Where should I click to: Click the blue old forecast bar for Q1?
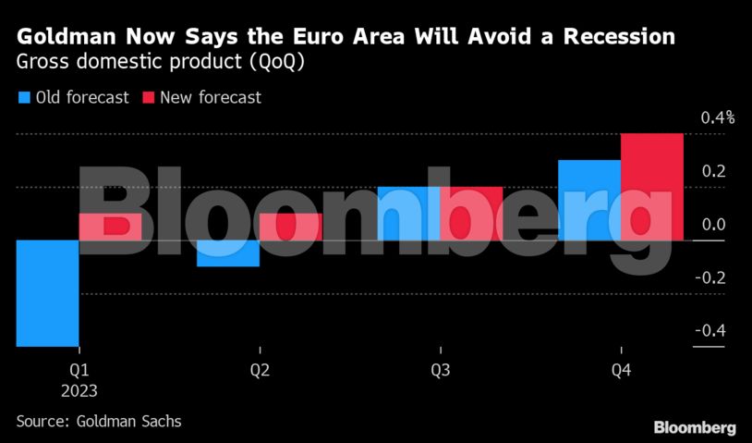click(x=48, y=293)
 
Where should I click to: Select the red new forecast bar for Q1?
click(x=111, y=228)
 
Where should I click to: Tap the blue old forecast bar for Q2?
click(x=228, y=253)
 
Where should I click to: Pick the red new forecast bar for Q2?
click(x=291, y=228)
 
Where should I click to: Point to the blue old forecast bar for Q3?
click(x=408, y=214)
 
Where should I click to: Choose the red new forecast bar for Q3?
click(x=471, y=214)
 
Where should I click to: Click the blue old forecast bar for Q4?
click(x=589, y=201)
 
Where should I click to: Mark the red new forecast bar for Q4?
click(x=652, y=187)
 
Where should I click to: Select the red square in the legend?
click(x=148, y=97)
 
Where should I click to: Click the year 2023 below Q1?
click(x=80, y=389)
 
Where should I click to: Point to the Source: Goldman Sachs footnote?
click(x=99, y=421)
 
